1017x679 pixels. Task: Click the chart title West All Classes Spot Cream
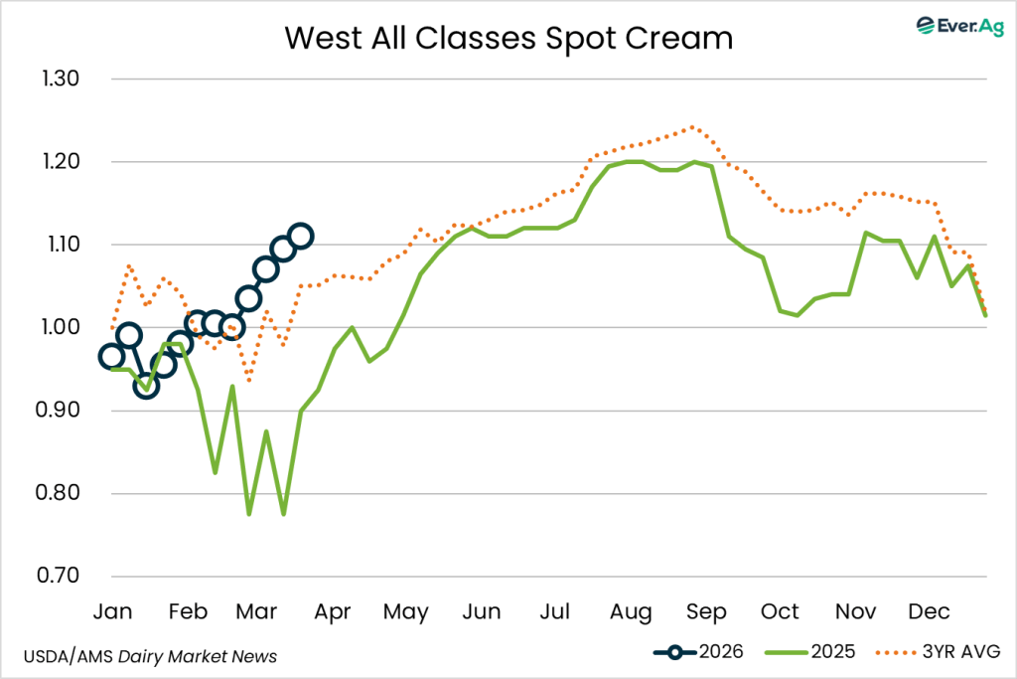(508, 38)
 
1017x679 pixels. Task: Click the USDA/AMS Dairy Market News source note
(149, 656)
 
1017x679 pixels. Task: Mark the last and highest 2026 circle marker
(301, 236)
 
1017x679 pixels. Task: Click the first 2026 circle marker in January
(111, 357)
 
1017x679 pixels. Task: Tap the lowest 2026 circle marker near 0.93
(146, 386)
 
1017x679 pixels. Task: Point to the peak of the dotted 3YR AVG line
(692, 127)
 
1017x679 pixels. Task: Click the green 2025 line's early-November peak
(866, 233)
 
